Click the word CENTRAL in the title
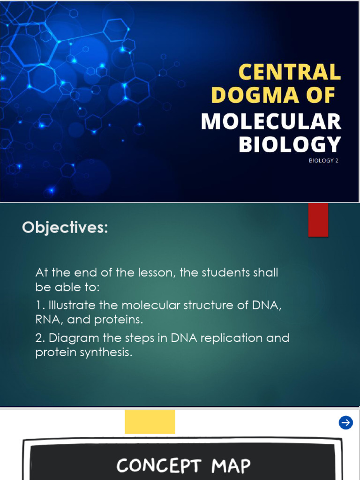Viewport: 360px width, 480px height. [290, 73]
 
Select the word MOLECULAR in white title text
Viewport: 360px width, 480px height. [271, 122]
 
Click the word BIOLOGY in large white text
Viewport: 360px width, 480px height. [289, 145]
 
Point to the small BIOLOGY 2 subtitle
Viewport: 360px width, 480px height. [323, 161]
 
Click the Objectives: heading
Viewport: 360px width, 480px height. [65, 228]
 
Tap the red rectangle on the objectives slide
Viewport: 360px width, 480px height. [318, 220]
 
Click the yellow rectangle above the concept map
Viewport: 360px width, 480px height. [150, 421]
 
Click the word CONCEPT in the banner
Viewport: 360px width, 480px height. [160, 466]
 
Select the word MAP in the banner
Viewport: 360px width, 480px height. [231, 466]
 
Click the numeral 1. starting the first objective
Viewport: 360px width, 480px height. [39, 306]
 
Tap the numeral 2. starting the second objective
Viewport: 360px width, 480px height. [40, 338]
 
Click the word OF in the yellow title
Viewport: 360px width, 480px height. [320, 96]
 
